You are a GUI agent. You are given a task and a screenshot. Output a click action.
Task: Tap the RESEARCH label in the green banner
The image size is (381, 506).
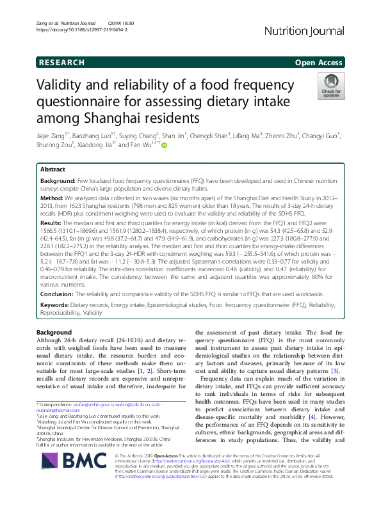point(61,63)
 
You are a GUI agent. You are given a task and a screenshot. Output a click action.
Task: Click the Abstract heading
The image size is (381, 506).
point(53,170)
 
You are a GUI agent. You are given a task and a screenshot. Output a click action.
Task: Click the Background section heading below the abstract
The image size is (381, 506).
point(54,333)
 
